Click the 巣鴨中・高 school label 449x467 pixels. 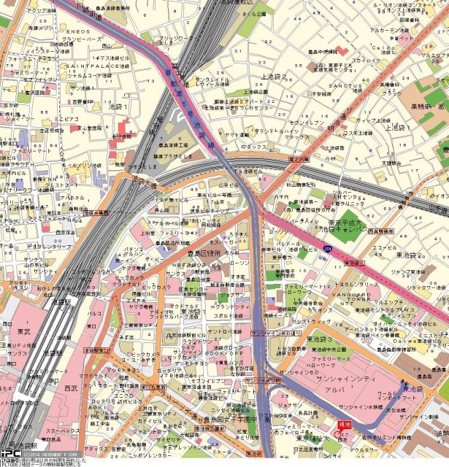pyautogui.click(x=426, y=106)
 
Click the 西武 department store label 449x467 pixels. pyautogui.click(x=70, y=388)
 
